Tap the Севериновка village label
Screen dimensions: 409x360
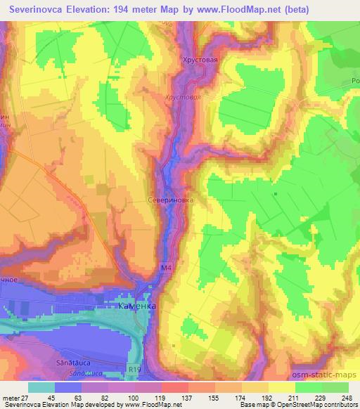coord(170,199)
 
